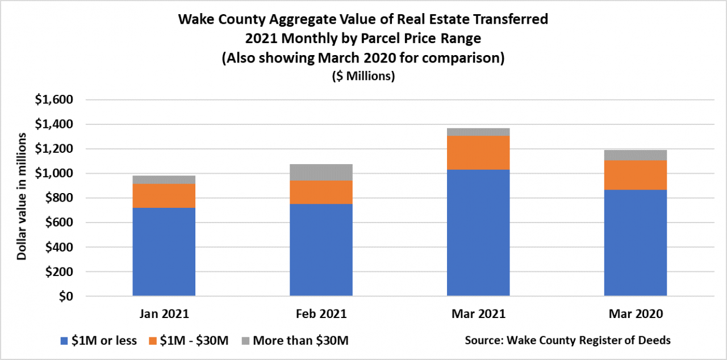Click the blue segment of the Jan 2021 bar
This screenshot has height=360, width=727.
tap(164, 252)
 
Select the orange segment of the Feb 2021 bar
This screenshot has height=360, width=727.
tap(321, 192)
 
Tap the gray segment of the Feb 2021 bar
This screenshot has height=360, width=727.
tap(321, 172)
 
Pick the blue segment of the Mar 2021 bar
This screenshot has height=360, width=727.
tap(478, 233)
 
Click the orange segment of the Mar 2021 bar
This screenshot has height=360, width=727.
tap(478, 153)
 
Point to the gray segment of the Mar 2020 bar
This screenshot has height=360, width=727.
tap(635, 155)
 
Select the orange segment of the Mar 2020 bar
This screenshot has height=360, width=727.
tap(635, 175)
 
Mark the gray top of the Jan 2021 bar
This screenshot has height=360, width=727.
tap(164, 179)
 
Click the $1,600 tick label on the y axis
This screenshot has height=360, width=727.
tap(55, 100)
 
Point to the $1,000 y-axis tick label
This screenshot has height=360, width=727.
tap(55, 174)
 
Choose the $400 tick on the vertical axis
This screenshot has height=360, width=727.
tap(59, 248)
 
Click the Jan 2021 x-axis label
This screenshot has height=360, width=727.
tap(164, 314)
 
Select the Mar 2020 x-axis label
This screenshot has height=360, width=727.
tap(635, 314)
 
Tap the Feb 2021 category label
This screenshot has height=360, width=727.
tap(321, 314)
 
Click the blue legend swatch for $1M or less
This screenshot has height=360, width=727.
tap(65, 341)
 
